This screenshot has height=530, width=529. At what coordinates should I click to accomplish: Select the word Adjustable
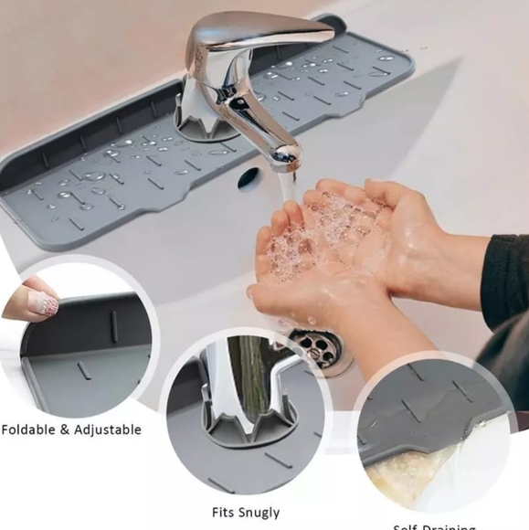click(x=108, y=429)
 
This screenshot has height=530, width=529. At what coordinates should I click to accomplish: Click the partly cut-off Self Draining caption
click(x=434, y=526)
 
